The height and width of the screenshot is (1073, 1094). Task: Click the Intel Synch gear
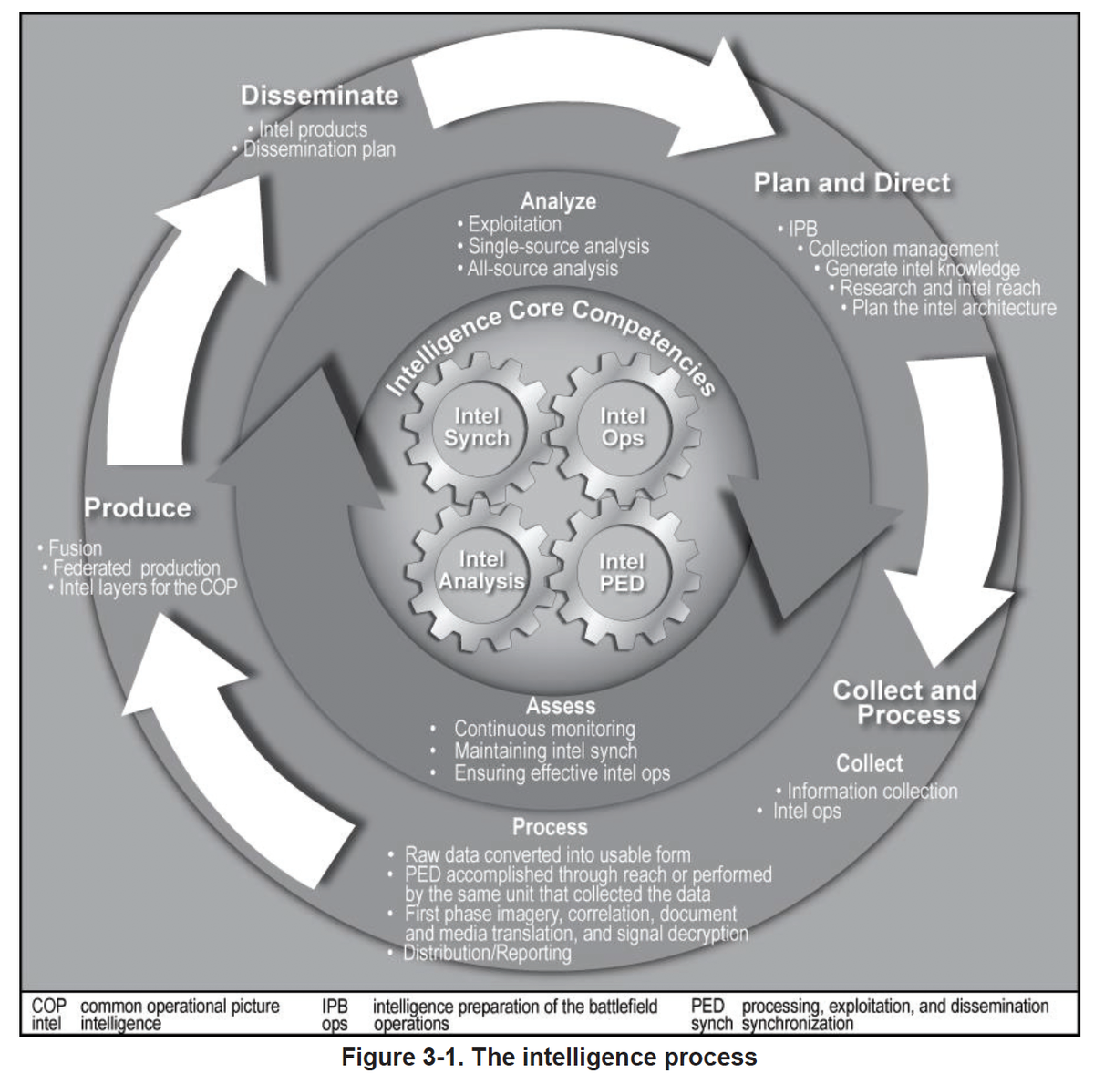point(476,427)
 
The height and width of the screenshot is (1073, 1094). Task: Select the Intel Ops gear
point(623,427)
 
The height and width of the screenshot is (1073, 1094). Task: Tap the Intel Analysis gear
point(481,570)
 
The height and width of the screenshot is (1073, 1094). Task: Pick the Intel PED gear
point(622,572)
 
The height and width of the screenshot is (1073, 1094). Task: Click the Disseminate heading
point(320,96)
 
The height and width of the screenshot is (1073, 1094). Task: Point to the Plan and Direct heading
point(851,183)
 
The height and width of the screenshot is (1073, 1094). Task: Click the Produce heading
point(138,508)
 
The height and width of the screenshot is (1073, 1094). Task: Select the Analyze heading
point(558,201)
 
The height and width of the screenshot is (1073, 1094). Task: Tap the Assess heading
point(561,706)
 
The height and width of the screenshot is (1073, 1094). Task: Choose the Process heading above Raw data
point(550,827)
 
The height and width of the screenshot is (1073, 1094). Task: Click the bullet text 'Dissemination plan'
point(319,149)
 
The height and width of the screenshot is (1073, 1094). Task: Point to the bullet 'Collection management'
point(903,249)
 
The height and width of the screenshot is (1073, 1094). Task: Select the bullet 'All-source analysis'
point(542,269)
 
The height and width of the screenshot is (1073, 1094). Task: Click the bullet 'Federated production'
point(137,568)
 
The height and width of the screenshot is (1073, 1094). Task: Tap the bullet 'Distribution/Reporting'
point(487,954)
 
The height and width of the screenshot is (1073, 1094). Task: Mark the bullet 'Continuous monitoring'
point(544,729)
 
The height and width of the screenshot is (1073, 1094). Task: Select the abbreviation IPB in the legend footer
point(335,1007)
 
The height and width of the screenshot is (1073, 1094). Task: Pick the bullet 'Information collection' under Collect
point(872,792)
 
